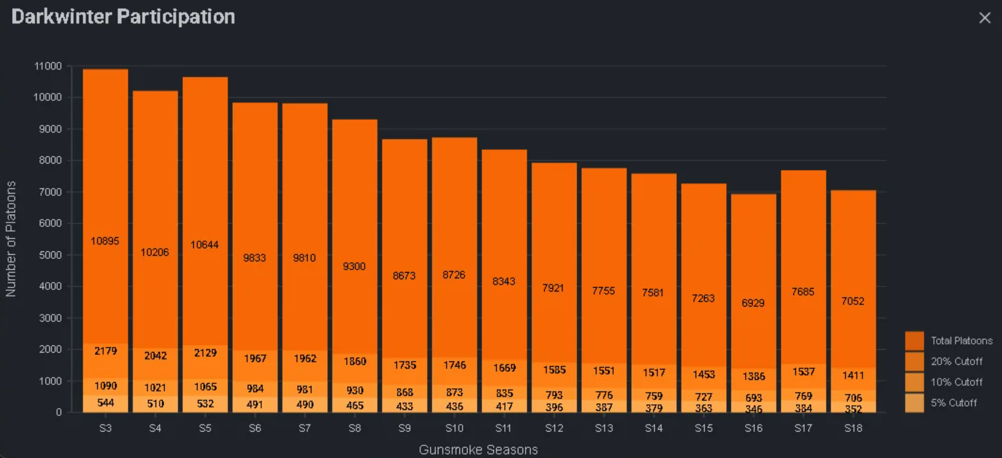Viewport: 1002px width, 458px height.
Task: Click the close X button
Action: click(984, 18)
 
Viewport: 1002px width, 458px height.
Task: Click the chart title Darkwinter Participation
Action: click(123, 17)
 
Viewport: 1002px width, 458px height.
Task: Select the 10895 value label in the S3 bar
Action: click(105, 241)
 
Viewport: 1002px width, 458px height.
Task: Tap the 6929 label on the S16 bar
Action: click(753, 303)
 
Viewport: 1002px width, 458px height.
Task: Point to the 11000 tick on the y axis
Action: click(48, 66)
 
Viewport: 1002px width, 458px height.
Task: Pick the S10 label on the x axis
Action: click(454, 428)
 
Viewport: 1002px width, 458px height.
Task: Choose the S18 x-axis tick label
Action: click(853, 428)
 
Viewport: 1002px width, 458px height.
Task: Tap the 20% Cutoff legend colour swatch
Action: click(914, 361)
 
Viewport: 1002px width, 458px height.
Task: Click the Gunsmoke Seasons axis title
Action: click(478, 450)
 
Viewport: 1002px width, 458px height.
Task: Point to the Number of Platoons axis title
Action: click(11, 239)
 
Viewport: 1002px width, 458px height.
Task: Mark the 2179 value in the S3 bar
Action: click(106, 351)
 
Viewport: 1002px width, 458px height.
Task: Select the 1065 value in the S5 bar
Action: click(205, 387)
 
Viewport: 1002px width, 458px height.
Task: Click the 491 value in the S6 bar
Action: click(255, 405)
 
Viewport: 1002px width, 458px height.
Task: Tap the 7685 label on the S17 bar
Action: click(803, 292)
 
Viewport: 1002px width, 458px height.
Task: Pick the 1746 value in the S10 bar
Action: click(454, 365)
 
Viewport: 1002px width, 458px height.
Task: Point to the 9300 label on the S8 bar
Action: click(354, 266)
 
